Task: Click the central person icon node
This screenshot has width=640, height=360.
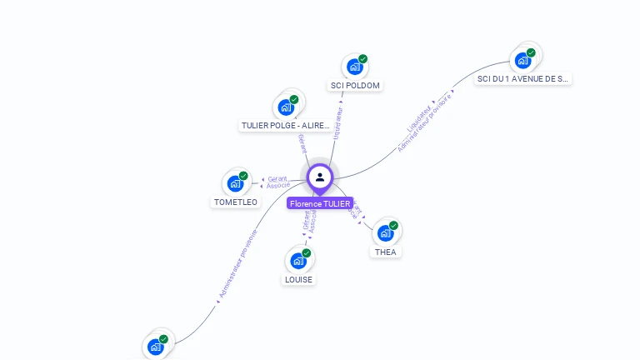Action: [x=320, y=177]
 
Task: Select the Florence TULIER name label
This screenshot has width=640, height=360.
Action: [x=320, y=203]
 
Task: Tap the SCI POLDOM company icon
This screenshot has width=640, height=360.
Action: [x=355, y=67]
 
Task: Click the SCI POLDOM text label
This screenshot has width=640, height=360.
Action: [x=356, y=86]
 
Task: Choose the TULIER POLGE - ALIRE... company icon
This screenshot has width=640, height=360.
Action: [x=286, y=107]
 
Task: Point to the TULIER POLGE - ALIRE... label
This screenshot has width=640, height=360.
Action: [x=285, y=126]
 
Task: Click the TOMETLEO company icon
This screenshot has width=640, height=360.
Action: [x=235, y=183]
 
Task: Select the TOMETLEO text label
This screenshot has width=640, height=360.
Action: [x=236, y=202]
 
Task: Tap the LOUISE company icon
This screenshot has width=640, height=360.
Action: [x=298, y=260]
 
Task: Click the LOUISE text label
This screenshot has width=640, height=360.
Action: [x=298, y=280]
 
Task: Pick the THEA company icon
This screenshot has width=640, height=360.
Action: [x=385, y=232]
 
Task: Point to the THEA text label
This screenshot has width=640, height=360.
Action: [x=386, y=252]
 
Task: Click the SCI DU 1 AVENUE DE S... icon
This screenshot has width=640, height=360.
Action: [x=522, y=60]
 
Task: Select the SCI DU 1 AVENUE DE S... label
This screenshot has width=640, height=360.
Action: [x=523, y=79]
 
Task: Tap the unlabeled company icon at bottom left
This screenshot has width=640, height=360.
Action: [x=155, y=346]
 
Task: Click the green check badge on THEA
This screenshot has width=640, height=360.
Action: [x=394, y=225]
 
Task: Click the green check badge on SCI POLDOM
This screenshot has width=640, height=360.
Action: [x=363, y=59]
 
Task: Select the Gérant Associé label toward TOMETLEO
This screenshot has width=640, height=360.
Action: [x=277, y=182]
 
